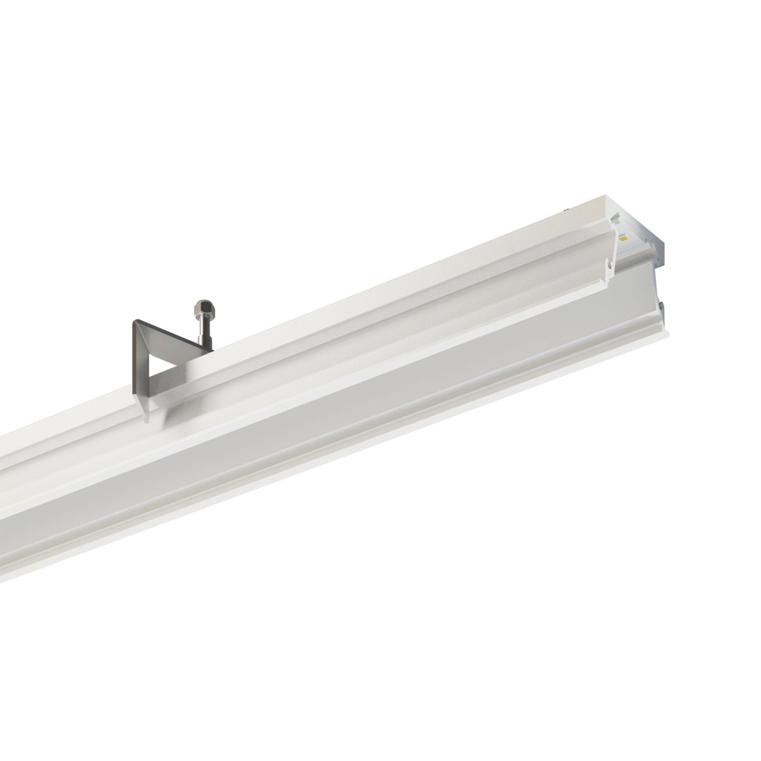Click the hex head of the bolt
pos(204,310)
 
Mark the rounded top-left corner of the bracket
pos(135,321)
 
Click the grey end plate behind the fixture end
pos(659,252)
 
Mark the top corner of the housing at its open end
pos(605,195)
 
